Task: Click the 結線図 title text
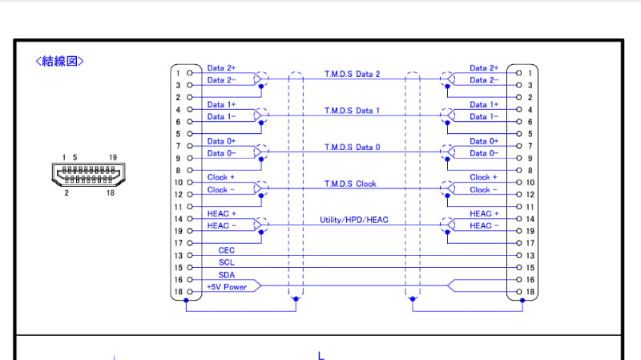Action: pos(59,62)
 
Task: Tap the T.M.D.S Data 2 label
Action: pos(352,74)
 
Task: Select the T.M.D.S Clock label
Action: pos(350,184)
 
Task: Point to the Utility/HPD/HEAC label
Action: pos(353,220)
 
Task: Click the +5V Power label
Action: pos(227,287)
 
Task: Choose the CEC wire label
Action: pos(227,250)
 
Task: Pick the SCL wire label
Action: pos(227,263)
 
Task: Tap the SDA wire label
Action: pos(227,275)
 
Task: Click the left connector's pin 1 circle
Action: pos(190,73)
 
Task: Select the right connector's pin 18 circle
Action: pos(518,292)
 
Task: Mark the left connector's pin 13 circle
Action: pos(190,255)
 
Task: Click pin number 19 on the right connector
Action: pos(530,231)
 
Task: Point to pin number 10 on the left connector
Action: pos(178,183)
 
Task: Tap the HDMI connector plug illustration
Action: pos(88,174)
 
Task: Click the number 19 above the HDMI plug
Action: pos(113,157)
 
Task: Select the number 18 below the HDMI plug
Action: pos(111,192)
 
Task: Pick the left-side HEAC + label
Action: pos(222,213)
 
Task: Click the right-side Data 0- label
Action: pos(484,153)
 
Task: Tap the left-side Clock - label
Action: pos(221,190)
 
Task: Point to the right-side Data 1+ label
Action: pos(484,105)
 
